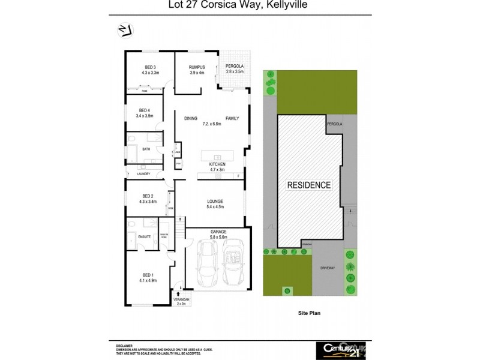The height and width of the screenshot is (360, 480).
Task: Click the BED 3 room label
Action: (150, 67)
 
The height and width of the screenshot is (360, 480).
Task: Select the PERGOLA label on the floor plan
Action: (233, 67)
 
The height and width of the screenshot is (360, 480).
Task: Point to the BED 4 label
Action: (144, 110)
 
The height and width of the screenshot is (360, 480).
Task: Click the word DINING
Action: (191, 118)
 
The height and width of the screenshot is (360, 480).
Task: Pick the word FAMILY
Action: (232, 118)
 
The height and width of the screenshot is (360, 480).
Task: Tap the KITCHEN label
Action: (217, 164)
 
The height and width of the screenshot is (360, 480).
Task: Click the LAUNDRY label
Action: (143, 174)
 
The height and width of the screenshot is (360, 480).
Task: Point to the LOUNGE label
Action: (215, 201)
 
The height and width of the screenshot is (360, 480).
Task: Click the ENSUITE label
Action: (144, 236)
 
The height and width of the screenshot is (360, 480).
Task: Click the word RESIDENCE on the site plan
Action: (308, 185)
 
